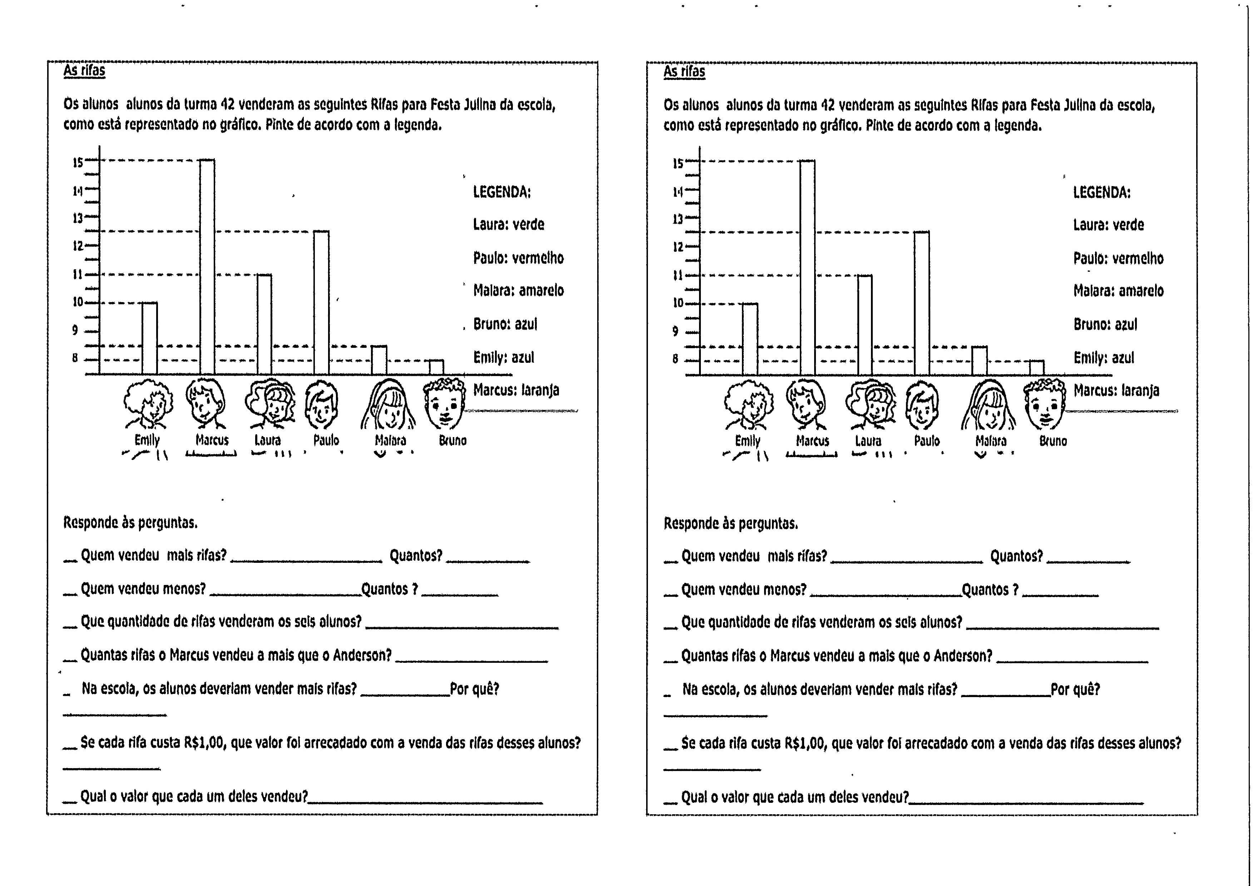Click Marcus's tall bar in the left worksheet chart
pyautogui.click(x=207, y=267)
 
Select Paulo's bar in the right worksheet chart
pyautogui.click(x=922, y=303)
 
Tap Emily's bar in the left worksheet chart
pyautogui.click(x=150, y=338)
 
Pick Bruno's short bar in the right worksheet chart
pyautogui.click(x=1036, y=368)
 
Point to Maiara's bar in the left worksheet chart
pyautogui.click(x=379, y=360)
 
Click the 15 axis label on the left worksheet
pyautogui.click(x=78, y=162)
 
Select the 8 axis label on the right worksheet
pyautogui.click(x=675, y=359)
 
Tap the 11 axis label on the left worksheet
pyautogui.click(x=78, y=274)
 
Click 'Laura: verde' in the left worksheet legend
pyautogui.click(x=508, y=224)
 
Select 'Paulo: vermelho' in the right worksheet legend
pyautogui.click(x=1118, y=258)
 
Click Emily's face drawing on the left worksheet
pyautogui.click(x=147, y=404)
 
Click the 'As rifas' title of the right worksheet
pyautogui.click(x=684, y=71)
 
